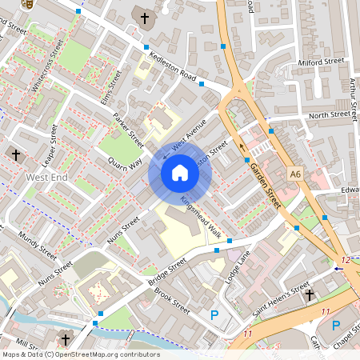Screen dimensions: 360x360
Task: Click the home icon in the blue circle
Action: tap(180, 172)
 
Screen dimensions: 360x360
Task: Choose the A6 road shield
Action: tap(296, 174)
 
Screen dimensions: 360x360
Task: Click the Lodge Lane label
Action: tap(239, 265)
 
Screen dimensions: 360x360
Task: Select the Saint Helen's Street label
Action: tap(281, 298)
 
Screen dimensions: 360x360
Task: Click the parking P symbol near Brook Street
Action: tap(214, 315)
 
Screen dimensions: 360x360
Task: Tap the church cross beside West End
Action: tap(15, 154)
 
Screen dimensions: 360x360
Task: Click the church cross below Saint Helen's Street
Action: tap(310, 295)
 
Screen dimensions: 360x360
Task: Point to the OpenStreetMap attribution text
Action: tap(80, 354)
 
